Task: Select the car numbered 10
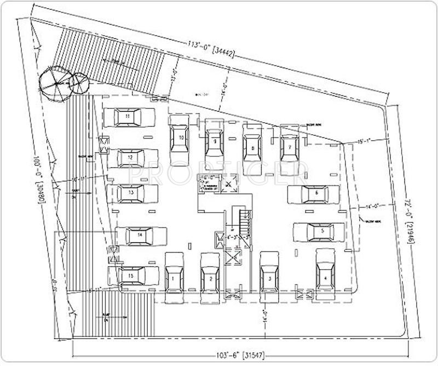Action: (x=180, y=138)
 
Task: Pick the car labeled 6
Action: (x=314, y=193)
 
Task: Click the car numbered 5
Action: (x=319, y=232)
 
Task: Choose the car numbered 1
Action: (x=174, y=277)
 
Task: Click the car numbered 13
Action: (x=132, y=193)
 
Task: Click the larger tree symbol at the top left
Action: (x=54, y=84)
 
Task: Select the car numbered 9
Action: (x=215, y=141)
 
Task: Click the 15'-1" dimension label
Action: (x=366, y=141)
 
